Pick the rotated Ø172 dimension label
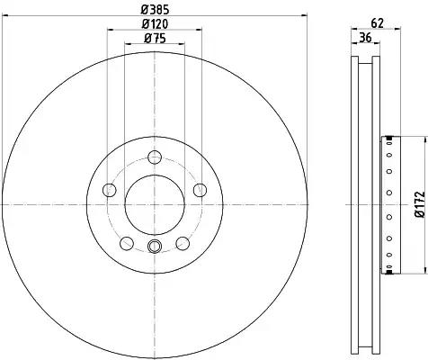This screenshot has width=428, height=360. coord(418,206)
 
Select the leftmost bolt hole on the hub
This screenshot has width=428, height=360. coord(110,190)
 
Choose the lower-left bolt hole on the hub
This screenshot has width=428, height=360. coord(127,243)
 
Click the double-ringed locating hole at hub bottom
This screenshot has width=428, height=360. coord(154,248)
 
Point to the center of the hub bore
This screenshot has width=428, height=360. coord(154,204)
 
